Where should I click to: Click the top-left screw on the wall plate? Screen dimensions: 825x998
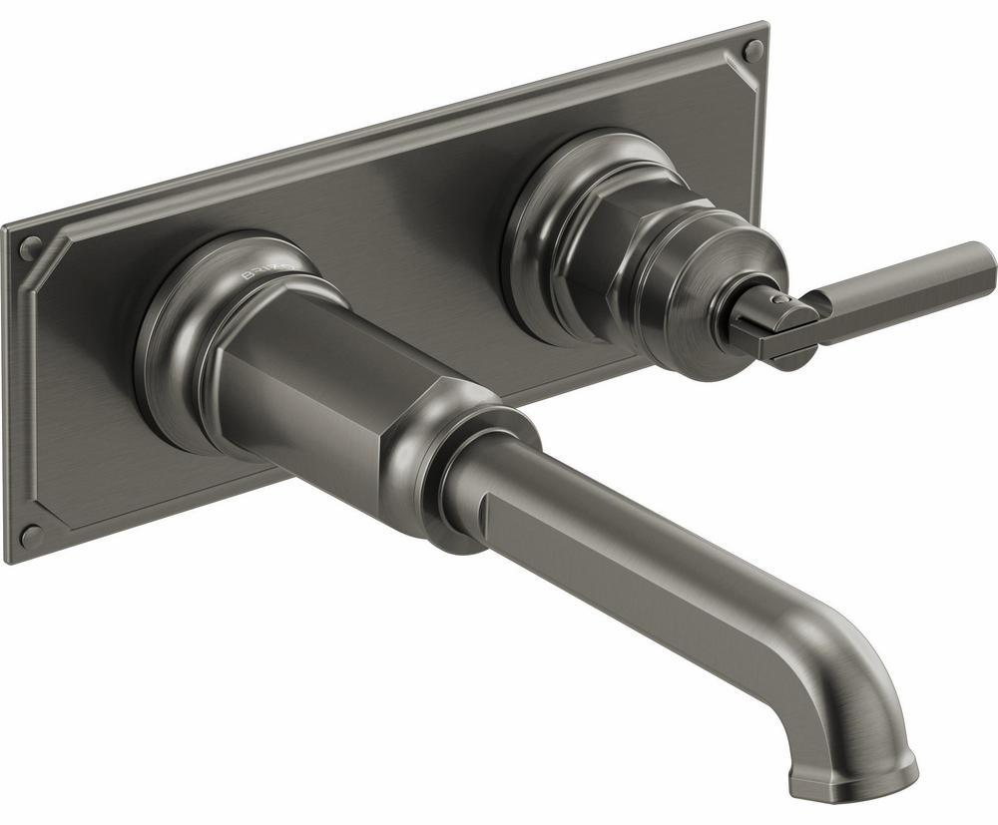31,246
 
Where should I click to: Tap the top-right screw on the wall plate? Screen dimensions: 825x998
753,50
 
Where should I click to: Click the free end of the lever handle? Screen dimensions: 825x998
983,258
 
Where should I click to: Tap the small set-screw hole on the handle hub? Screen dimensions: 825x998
781,295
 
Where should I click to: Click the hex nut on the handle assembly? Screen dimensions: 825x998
599,249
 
